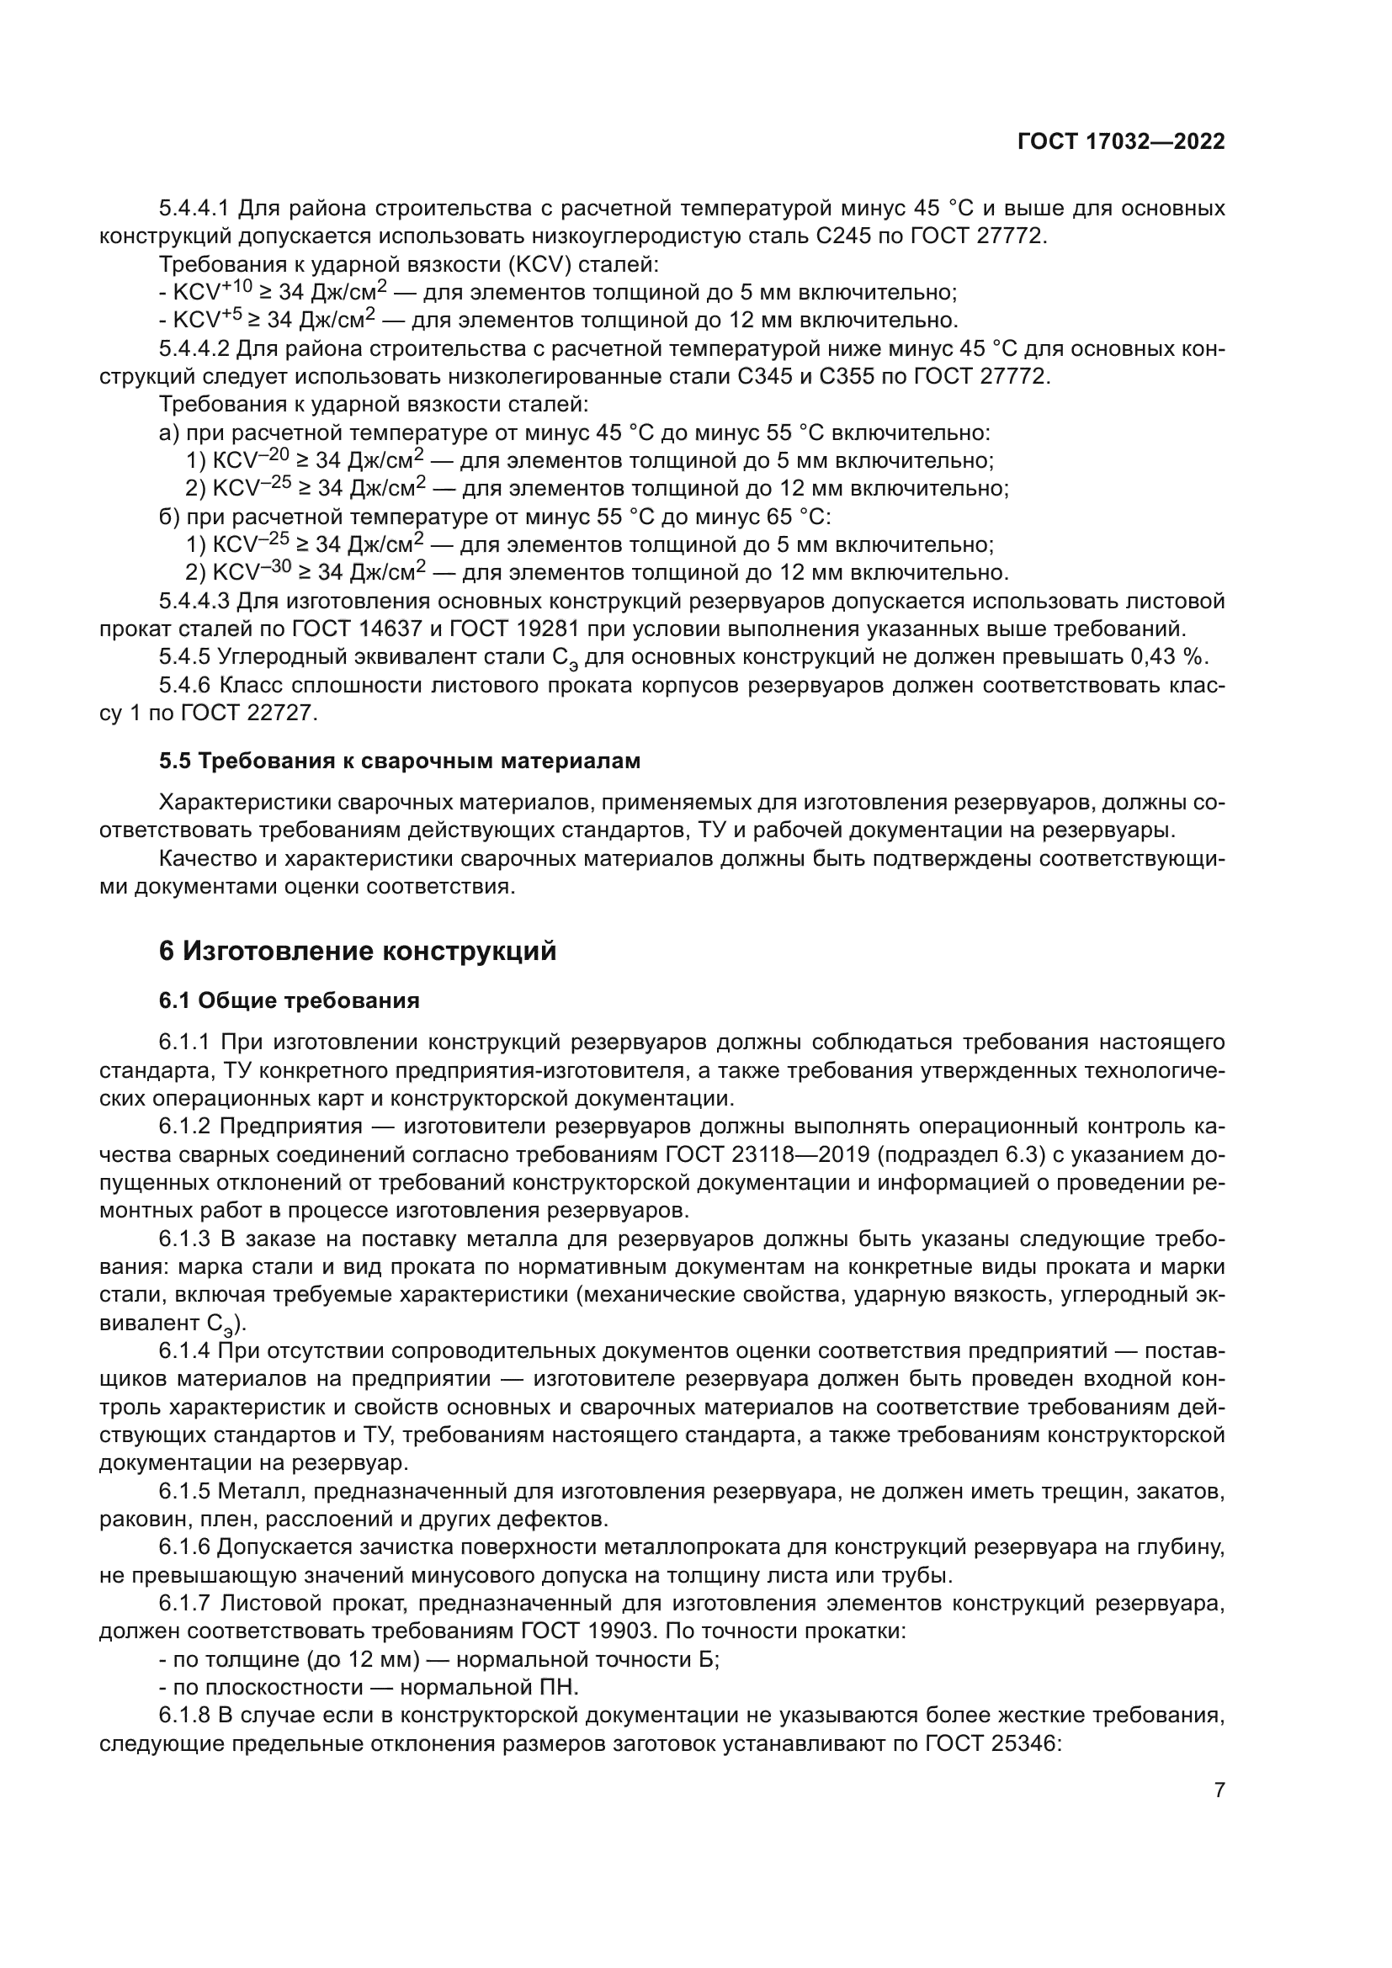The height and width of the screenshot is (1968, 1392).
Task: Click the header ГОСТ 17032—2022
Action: (x=1120, y=142)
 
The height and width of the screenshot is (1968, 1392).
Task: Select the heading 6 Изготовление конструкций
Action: (x=358, y=951)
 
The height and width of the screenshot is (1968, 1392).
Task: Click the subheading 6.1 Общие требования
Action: (x=289, y=1000)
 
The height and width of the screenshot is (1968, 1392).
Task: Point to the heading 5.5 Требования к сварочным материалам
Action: (x=400, y=761)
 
